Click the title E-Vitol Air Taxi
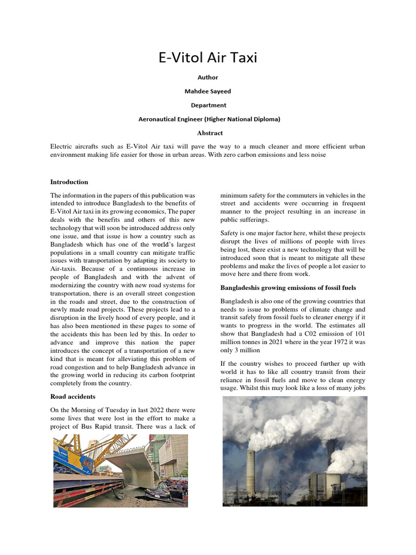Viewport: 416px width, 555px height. [208, 58]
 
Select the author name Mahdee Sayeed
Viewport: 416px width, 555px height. [208, 91]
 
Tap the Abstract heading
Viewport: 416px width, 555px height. [210, 133]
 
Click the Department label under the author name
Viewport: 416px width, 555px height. [208, 105]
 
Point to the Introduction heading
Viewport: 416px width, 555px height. [69, 182]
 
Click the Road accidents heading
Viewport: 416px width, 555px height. [73, 397]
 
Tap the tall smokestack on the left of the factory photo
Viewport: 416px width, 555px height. [251, 472]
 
